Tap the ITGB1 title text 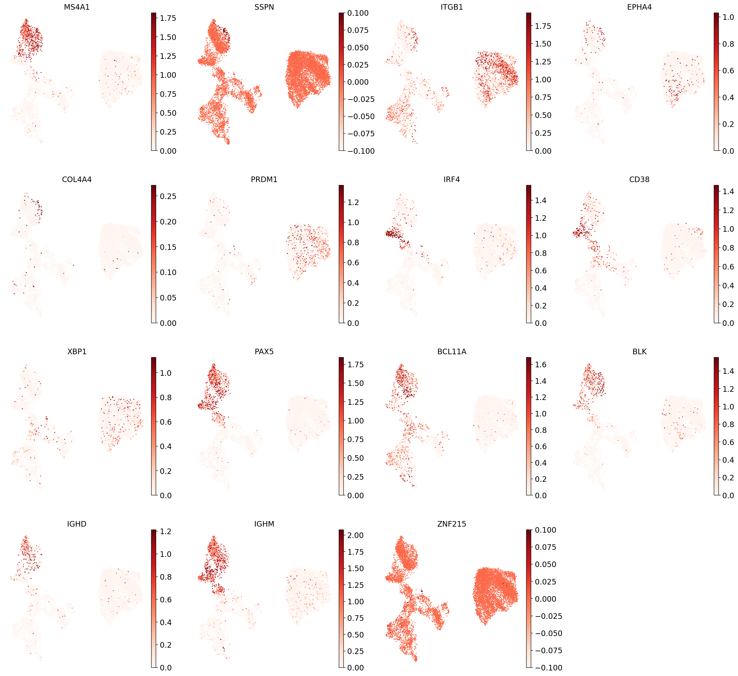(x=452, y=7)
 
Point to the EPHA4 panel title (x=639, y=7)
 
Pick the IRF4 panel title (x=452, y=179)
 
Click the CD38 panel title (x=639, y=179)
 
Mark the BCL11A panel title (x=452, y=352)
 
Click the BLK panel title (x=639, y=352)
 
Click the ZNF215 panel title (x=452, y=524)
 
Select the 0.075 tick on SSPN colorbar (x=358, y=30)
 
